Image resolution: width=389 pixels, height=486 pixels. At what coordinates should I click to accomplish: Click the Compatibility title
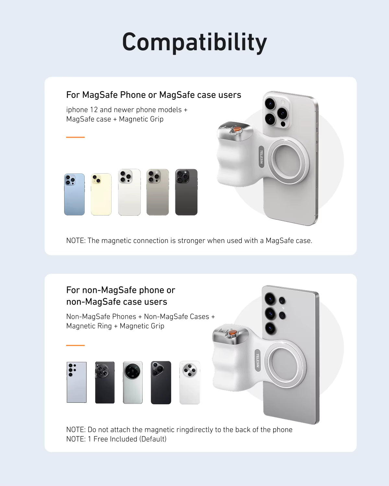tap(194, 42)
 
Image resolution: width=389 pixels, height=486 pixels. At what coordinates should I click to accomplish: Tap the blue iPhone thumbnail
tap(74, 194)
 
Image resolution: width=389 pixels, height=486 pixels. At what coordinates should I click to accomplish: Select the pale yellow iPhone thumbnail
tap(101, 194)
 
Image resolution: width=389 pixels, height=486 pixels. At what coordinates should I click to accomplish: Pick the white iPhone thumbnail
tap(129, 192)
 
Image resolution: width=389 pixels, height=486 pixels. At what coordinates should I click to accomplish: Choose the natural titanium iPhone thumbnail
tap(158, 192)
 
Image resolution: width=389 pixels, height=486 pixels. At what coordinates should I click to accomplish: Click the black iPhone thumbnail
tap(186, 192)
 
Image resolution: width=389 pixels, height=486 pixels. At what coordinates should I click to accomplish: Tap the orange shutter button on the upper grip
tap(238, 129)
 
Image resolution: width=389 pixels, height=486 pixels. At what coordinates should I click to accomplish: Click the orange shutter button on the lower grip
tap(232, 333)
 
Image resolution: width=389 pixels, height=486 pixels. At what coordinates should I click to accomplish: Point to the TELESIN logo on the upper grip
tap(261, 157)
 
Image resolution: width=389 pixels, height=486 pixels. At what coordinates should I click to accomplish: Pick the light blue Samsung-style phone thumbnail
tap(77, 382)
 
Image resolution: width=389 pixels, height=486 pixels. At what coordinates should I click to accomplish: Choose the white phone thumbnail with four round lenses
tap(190, 382)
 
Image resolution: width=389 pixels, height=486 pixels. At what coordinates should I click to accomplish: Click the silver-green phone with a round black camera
tap(133, 382)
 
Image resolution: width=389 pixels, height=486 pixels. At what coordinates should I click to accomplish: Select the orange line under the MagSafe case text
tap(75, 137)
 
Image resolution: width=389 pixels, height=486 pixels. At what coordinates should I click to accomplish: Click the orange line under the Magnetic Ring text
tap(75, 345)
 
